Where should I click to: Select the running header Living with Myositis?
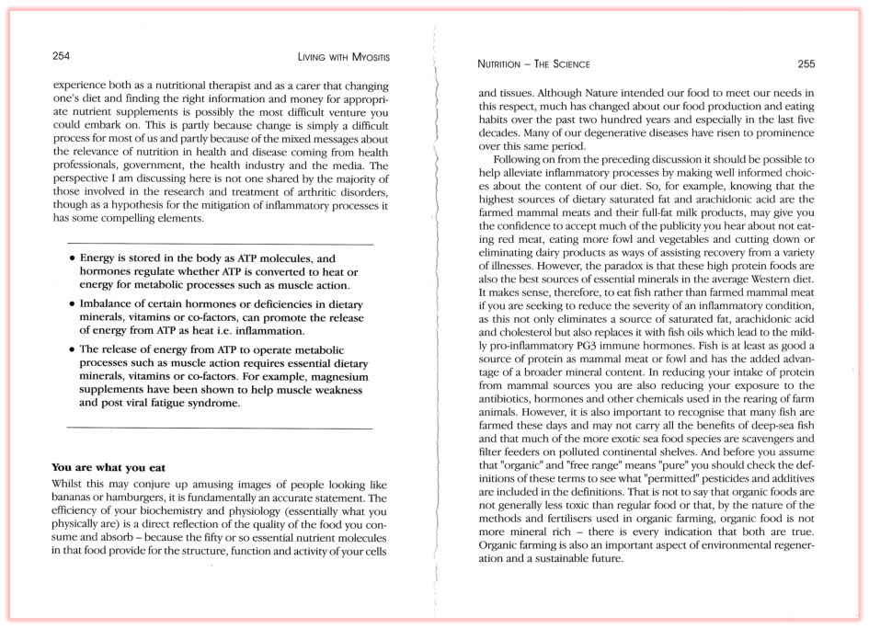click(x=344, y=57)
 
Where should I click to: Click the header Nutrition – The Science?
click(x=534, y=64)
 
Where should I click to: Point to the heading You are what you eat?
click(x=109, y=467)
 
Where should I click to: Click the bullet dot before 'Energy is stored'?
click(x=72, y=259)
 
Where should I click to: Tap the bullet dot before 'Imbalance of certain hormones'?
click(x=72, y=303)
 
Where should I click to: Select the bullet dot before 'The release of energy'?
click(x=72, y=349)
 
